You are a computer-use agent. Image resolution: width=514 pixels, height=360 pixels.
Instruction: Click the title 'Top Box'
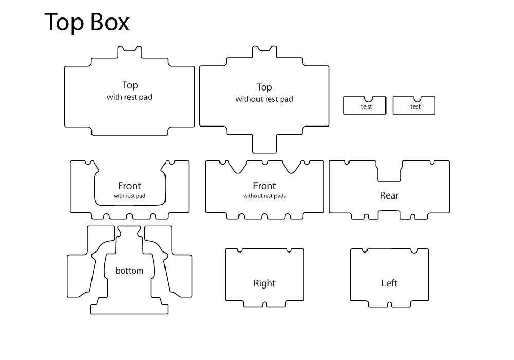[87, 23]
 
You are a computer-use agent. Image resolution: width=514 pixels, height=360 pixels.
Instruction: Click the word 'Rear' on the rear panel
[389, 195]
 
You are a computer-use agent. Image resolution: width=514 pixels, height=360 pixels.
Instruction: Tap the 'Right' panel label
[264, 283]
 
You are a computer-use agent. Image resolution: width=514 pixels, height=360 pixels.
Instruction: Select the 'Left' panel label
[389, 283]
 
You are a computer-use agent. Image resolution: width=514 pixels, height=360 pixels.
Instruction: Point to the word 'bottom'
[130, 271]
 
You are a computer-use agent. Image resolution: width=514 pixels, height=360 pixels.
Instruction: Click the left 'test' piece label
[366, 107]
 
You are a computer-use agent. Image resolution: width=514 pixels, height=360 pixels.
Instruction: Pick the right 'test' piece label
[415, 107]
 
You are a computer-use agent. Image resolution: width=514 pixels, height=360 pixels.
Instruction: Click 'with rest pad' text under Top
[130, 97]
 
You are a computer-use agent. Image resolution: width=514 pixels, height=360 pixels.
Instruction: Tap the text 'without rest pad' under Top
[264, 99]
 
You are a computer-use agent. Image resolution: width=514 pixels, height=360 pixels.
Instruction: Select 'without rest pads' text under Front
[264, 196]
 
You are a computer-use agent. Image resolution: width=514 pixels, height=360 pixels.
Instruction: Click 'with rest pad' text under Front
[130, 196]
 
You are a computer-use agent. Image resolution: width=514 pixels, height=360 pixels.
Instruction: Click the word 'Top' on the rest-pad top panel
[130, 85]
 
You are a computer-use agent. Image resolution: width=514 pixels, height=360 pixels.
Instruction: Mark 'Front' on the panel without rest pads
[264, 186]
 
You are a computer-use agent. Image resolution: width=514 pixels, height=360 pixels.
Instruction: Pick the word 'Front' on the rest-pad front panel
[130, 186]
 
